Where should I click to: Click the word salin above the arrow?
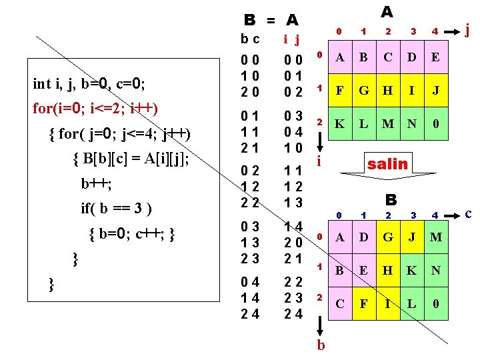pyautogui.click(x=387, y=163)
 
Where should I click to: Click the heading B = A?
pyautogui.click(x=271, y=20)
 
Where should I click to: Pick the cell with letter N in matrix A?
pyautogui.click(x=411, y=125)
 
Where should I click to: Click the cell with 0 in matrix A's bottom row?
pyautogui.click(x=435, y=125)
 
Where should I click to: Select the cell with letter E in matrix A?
pyautogui.click(x=435, y=57)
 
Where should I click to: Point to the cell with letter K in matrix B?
pyautogui.click(x=412, y=271)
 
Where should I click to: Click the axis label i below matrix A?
pyautogui.click(x=320, y=161)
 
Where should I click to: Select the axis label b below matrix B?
pyautogui.click(x=321, y=345)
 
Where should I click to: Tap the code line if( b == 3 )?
pyautogui.click(x=117, y=208)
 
